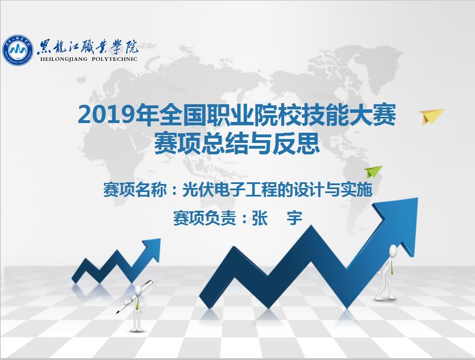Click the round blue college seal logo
(x=18, y=50)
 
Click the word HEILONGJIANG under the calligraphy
(x=64, y=59)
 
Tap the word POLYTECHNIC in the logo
(x=114, y=59)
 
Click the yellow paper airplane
(x=430, y=116)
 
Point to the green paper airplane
(x=373, y=171)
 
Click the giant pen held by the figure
(x=135, y=297)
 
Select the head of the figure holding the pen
(x=139, y=291)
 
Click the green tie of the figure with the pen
(x=138, y=304)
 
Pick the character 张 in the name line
(x=260, y=218)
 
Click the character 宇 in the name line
(x=294, y=218)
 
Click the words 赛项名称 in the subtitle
(x=135, y=190)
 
